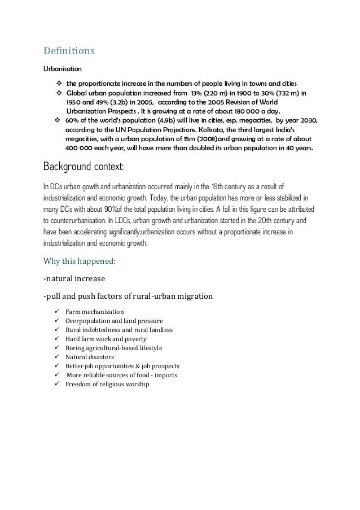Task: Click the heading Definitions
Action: pyautogui.click(x=69, y=51)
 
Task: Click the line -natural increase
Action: pyautogui.click(x=72, y=278)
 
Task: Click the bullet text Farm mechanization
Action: pyautogui.click(x=94, y=311)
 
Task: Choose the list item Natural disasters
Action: pyautogui.click(x=89, y=357)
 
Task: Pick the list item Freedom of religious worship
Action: pyautogui.click(x=107, y=385)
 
